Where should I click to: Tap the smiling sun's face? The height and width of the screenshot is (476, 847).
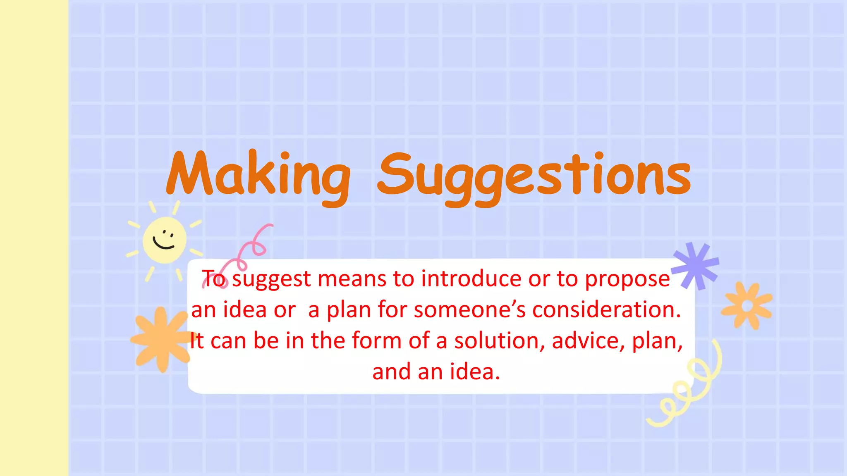pos(164,240)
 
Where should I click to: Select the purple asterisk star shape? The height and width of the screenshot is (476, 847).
pos(696,265)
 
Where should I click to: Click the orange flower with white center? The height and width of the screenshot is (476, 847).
pos(747,306)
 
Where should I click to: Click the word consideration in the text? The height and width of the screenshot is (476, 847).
pos(606,310)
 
